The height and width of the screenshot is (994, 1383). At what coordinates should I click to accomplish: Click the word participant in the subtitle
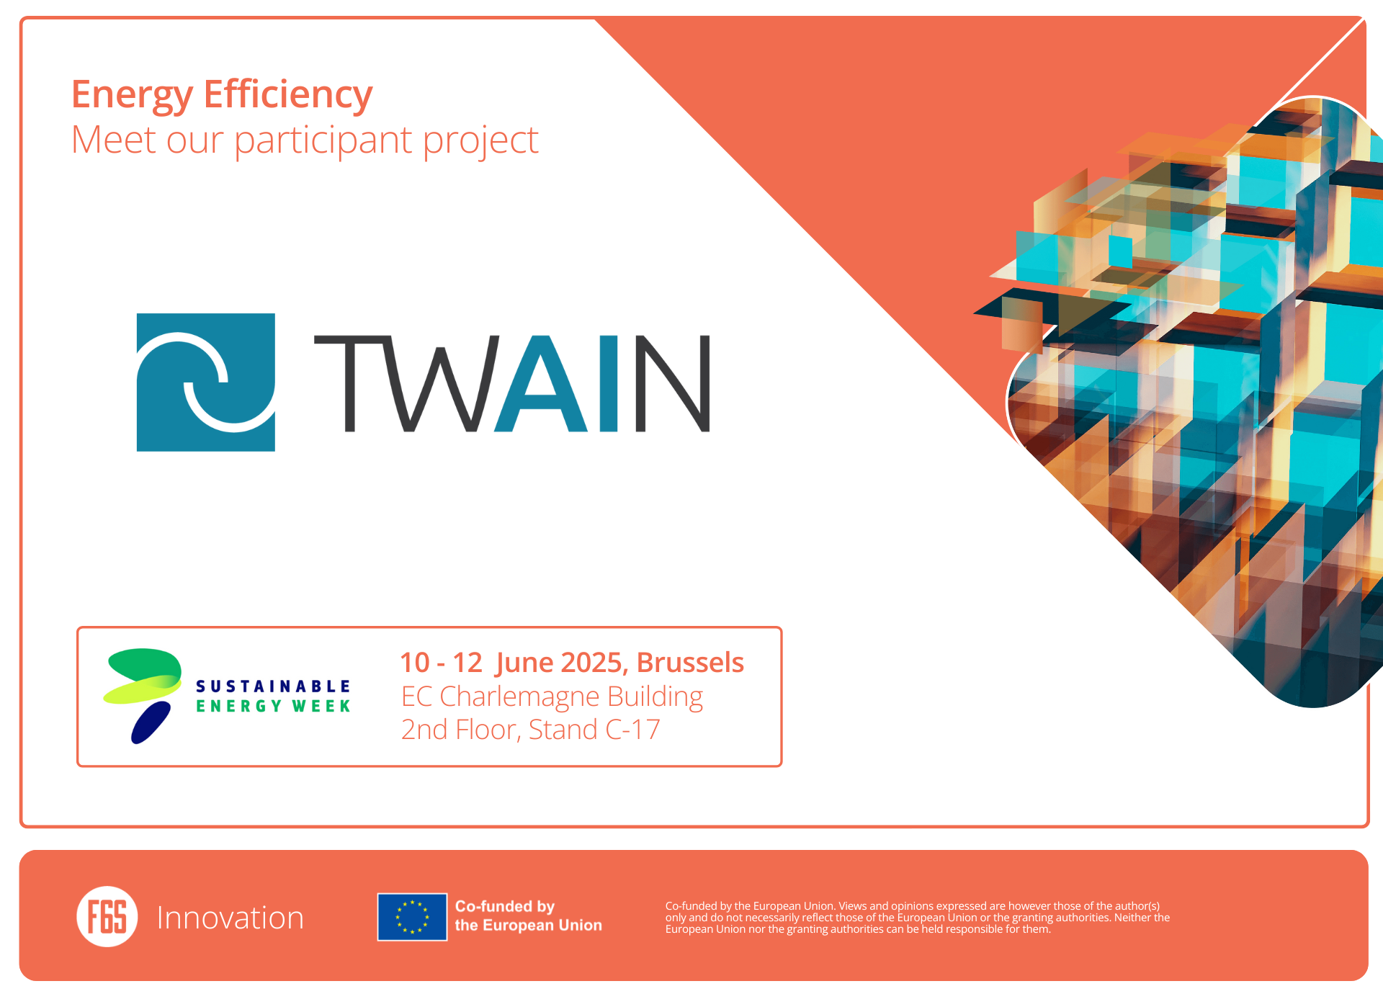tap(324, 141)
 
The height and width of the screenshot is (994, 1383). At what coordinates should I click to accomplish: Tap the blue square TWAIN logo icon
tap(206, 382)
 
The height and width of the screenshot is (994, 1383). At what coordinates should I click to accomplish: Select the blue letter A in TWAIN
tap(541, 383)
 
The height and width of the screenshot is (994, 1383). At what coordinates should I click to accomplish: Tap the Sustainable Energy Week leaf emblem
tap(143, 695)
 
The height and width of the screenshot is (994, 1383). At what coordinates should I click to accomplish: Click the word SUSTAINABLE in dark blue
tap(273, 686)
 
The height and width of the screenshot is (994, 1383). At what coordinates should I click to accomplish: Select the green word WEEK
tap(321, 707)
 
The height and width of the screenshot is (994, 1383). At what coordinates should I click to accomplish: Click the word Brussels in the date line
tap(690, 663)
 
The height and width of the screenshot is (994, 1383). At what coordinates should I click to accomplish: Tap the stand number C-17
tap(632, 730)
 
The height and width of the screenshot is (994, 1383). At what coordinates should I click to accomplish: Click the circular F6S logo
tap(107, 916)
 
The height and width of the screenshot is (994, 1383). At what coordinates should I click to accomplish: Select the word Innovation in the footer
tap(230, 918)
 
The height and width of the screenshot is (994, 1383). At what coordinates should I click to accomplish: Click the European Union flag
tap(412, 917)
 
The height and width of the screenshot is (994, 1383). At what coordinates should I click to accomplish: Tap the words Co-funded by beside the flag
tap(505, 906)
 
